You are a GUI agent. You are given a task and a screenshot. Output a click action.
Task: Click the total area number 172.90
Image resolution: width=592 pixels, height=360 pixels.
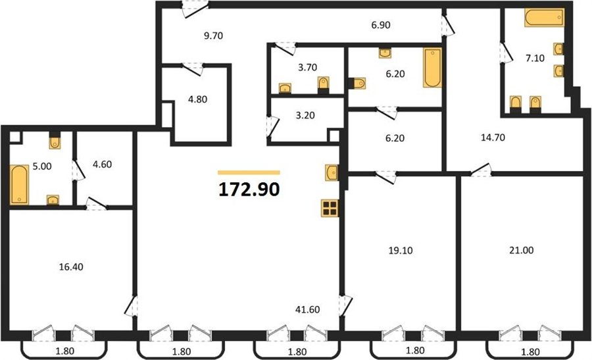[x=249, y=190]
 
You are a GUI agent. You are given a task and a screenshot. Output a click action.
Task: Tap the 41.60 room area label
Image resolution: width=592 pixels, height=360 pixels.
[x=308, y=309]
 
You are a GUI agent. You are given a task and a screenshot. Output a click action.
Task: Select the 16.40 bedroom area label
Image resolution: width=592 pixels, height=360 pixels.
[x=71, y=267]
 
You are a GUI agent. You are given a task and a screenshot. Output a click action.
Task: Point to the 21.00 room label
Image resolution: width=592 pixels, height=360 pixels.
[x=522, y=250]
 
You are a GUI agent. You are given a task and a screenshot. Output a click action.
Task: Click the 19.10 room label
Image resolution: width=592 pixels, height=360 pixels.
[x=401, y=250]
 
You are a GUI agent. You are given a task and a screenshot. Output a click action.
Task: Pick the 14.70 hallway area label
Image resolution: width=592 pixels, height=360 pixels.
[x=493, y=138]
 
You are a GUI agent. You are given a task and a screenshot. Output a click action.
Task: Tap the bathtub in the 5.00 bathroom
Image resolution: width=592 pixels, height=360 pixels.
[x=19, y=184]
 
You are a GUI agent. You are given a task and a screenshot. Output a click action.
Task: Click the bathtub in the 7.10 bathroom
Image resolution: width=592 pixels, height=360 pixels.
[x=545, y=18]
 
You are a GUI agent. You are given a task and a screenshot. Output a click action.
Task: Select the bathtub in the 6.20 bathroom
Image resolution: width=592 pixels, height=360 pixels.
[x=432, y=68]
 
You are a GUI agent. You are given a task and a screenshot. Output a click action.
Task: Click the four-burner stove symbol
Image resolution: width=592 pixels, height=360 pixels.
[x=330, y=208]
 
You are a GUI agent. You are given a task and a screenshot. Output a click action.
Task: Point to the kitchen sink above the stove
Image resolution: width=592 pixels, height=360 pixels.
[x=332, y=172]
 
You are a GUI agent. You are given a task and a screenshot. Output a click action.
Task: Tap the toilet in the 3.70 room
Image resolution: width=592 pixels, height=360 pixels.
[x=324, y=85]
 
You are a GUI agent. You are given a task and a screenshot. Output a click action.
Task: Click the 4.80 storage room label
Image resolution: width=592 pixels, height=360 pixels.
[x=197, y=99]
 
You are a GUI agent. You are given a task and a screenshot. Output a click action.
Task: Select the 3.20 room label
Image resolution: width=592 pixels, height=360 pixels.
[x=305, y=115]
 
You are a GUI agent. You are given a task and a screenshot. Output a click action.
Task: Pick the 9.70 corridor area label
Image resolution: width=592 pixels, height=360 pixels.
[x=213, y=36]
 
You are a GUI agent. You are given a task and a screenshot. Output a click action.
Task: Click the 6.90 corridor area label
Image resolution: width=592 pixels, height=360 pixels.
[x=381, y=25]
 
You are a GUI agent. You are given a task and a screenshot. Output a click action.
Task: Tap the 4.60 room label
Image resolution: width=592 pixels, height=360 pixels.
[x=102, y=165]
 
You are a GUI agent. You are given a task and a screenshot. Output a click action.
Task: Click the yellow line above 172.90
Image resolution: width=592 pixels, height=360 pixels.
[x=249, y=172]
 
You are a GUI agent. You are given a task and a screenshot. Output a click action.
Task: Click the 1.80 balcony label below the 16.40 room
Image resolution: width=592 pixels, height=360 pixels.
[x=65, y=351]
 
